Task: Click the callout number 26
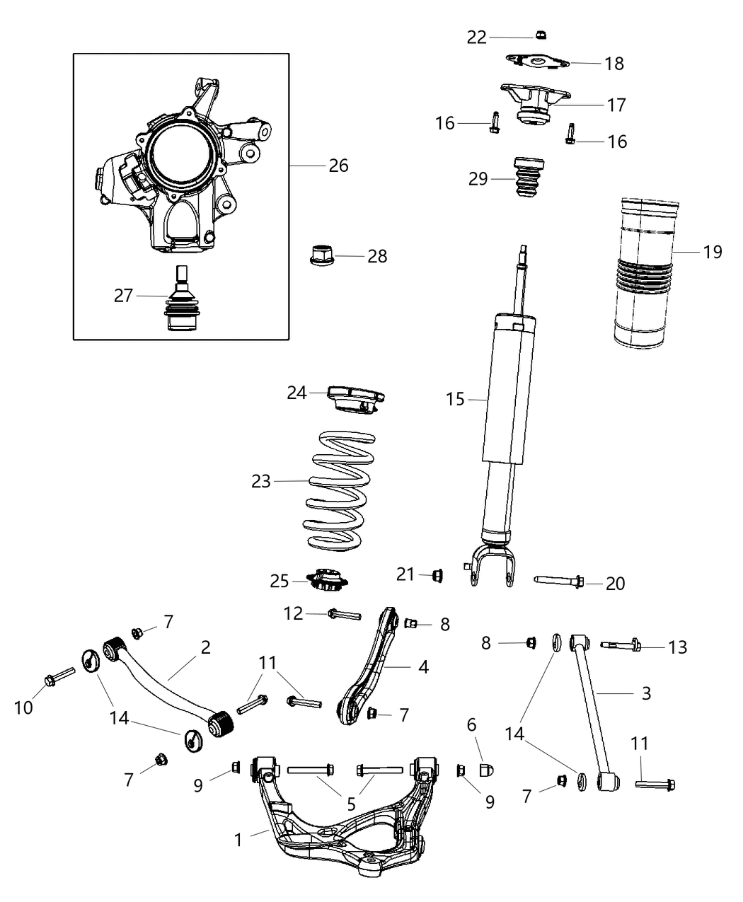coord(338,166)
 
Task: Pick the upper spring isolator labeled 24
coord(354,398)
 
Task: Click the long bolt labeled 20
coord(558,582)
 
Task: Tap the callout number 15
coord(456,400)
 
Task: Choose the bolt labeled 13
coord(621,644)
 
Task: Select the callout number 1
coord(238,840)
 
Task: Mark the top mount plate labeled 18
coord(538,64)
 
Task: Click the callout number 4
coord(423,666)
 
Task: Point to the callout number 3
coord(645,693)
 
